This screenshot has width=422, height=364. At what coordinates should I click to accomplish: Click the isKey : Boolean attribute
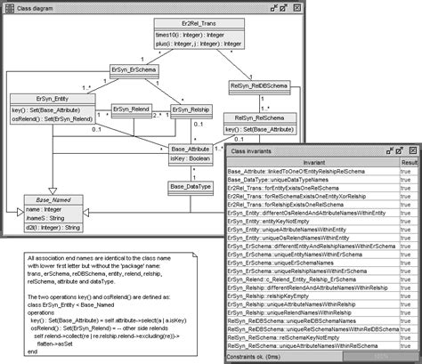191,160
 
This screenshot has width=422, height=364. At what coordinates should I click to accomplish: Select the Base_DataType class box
191,186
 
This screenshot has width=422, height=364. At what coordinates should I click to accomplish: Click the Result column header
409,162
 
